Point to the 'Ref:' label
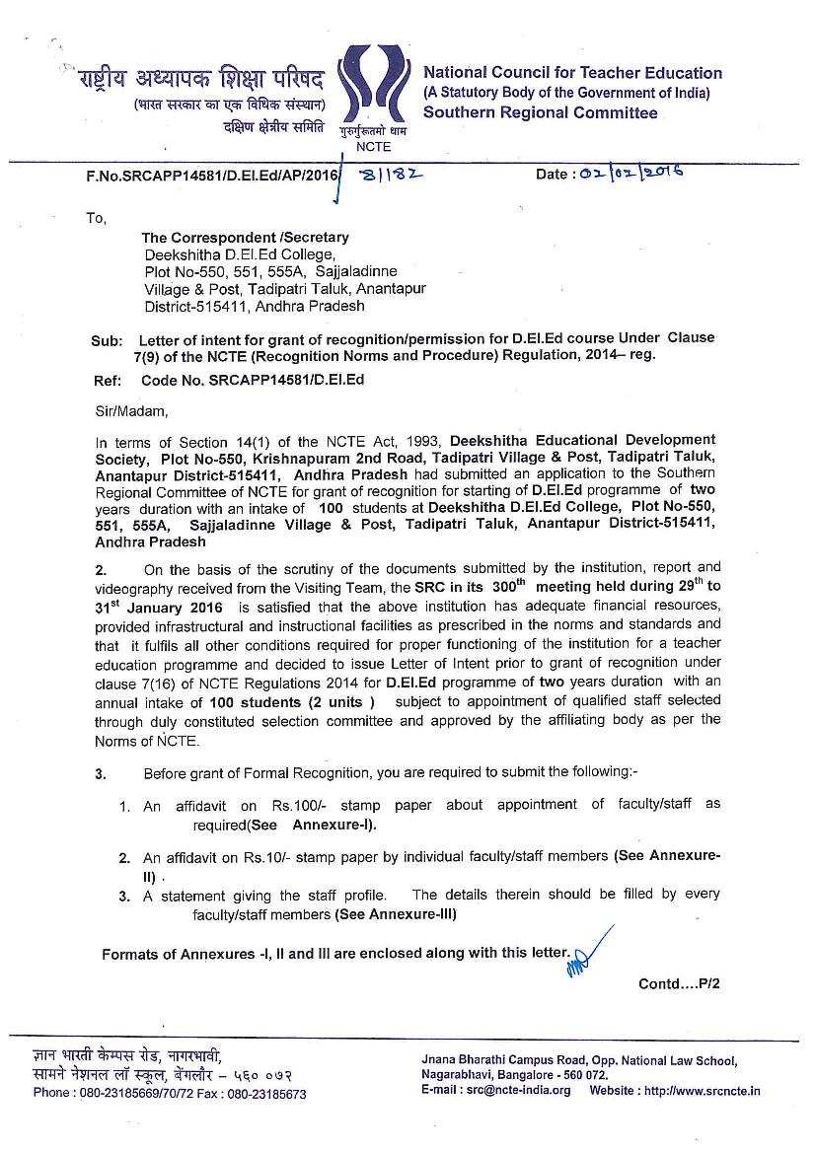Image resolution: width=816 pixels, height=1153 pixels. pos(107,381)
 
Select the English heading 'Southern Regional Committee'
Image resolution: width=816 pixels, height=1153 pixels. pos(540,112)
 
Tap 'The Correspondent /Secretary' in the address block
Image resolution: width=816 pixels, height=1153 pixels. pos(245,238)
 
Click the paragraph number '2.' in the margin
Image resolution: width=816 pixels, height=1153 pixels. pos(101,569)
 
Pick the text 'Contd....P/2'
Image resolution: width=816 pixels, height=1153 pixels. pos(680,983)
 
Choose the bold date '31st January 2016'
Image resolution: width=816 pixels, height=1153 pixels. pos(159,606)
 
